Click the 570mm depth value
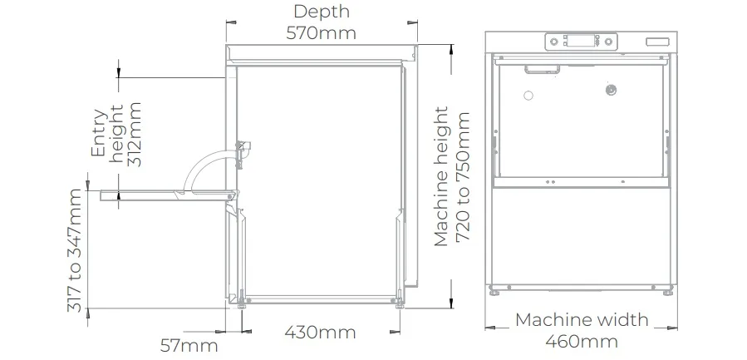(x=321, y=33)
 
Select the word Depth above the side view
(x=322, y=12)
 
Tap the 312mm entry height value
(x=135, y=134)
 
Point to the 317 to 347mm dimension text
(x=74, y=250)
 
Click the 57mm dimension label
(x=189, y=346)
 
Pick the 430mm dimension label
(x=320, y=332)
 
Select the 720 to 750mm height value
(x=463, y=177)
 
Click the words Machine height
(x=441, y=176)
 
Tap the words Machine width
(x=582, y=319)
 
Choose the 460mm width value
(x=582, y=342)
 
